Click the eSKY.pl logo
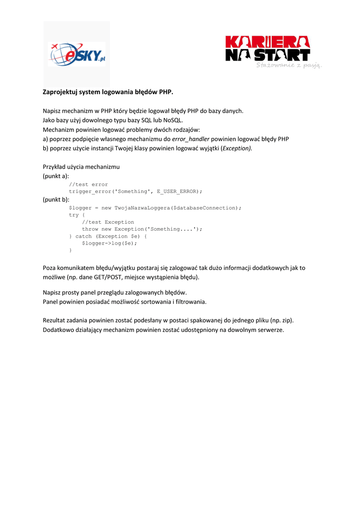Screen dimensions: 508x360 pos(77,54)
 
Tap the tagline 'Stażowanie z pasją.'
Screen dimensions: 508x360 pos(289,65)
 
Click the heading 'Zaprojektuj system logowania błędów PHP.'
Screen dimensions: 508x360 pos(108,92)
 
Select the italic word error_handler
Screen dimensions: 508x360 pos(191,139)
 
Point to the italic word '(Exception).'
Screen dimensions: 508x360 pos(236,148)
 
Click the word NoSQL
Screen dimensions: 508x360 pos(173,120)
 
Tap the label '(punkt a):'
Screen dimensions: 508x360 pos(56,176)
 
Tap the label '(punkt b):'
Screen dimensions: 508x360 pos(56,199)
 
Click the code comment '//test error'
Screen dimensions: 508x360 pos(88,185)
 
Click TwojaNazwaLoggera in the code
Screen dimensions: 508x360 pos(142,208)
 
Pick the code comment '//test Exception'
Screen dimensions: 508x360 pos(108,222)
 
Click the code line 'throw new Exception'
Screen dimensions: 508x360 pos(142,229)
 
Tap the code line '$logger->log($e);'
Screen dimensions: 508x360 pos(109,243)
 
